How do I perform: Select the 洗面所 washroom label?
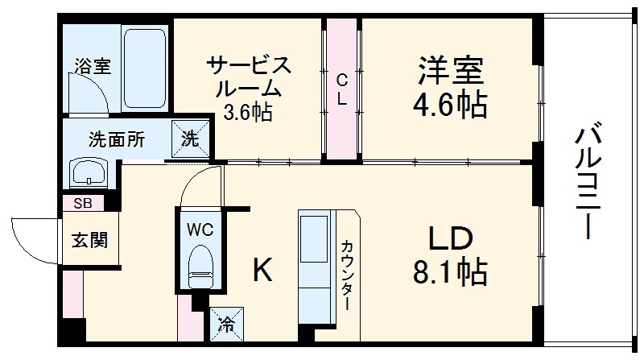[117, 139]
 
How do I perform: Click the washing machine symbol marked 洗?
[189, 138]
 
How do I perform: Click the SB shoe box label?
[82, 203]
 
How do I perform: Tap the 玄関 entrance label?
[89, 239]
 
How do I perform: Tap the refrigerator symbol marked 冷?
[226, 325]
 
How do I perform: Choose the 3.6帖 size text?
[247, 111]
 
